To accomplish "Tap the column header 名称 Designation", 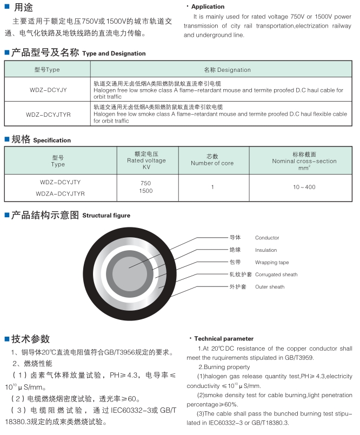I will [227, 70].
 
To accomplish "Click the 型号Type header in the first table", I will [47, 70].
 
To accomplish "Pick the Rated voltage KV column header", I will [146, 160].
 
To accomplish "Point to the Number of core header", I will [212, 160].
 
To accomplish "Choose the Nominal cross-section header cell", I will [304, 160].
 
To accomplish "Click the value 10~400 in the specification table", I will [304, 187].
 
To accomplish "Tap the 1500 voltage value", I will [146, 191].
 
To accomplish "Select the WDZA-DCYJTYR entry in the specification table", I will [60, 193].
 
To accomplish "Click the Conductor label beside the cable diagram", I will [267, 238].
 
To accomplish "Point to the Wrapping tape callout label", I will [272, 263].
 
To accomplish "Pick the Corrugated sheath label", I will [276, 275].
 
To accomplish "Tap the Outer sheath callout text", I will [270, 287].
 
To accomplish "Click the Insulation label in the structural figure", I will [266, 250].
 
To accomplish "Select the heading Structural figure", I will [106, 216].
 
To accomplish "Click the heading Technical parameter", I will [223, 339].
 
